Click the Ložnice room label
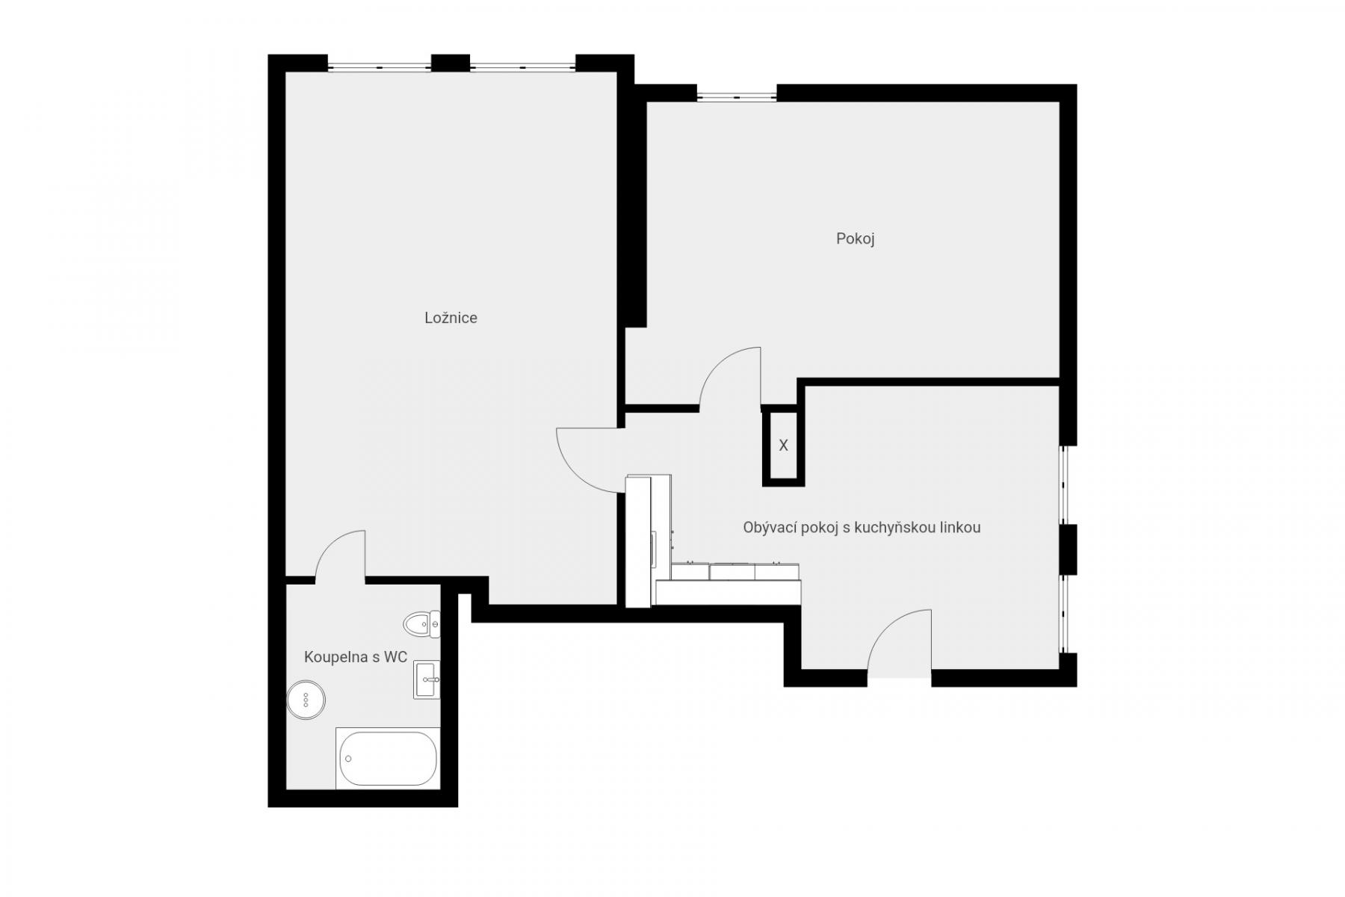pyautogui.click(x=451, y=318)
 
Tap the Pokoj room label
pyautogui.click(x=855, y=238)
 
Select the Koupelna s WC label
pyautogui.click(x=355, y=657)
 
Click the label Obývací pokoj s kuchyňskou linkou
pyautogui.click(x=862, y=527)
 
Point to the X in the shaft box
pyautogui.click(x=783, y=446)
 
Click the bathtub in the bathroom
pyautogui.click(x=388, y=758)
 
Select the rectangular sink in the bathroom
pyautogui.click(x=427, y=679)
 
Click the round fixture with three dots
pyautogui.click(x=306, y=700)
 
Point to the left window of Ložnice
pyautogui.click(x=380, y=67)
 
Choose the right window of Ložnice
pyautogui.click(x=522, y=67)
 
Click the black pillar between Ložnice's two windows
pyautogui.click(x=451, y=63)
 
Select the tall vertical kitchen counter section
pyautogui.click(x=638, y=541)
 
